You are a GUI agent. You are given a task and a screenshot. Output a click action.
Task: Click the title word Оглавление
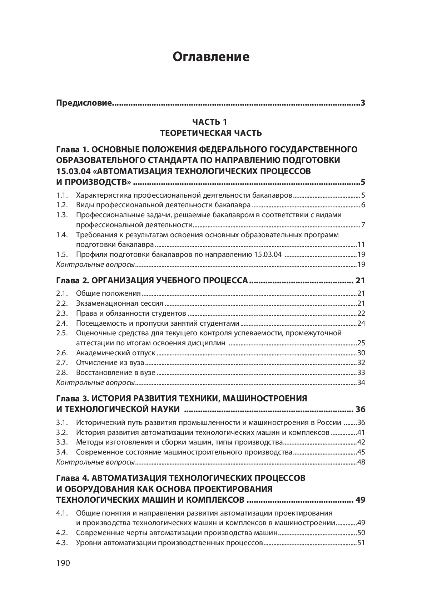211,57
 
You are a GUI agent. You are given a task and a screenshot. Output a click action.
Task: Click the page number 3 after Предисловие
363,104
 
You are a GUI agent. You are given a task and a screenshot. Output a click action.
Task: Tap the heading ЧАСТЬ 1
211,122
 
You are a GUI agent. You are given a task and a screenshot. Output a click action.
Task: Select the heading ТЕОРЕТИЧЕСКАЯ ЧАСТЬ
211,133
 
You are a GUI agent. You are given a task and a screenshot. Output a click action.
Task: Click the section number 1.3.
62,215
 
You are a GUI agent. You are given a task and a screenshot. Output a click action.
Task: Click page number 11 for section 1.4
361,245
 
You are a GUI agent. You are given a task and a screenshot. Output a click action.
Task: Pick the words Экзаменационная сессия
119,304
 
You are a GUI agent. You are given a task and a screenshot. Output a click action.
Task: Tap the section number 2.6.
62,353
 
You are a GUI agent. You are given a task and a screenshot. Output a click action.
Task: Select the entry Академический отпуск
116,353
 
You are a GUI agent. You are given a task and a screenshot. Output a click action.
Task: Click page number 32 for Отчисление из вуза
361,363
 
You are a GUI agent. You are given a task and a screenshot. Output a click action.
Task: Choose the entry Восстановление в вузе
116,372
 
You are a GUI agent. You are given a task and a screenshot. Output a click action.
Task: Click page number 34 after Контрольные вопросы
361,383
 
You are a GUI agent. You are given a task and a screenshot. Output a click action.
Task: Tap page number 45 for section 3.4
361,452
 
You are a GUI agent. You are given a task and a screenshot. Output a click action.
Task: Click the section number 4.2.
62,533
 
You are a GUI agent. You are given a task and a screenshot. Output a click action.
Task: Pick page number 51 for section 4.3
361,543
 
